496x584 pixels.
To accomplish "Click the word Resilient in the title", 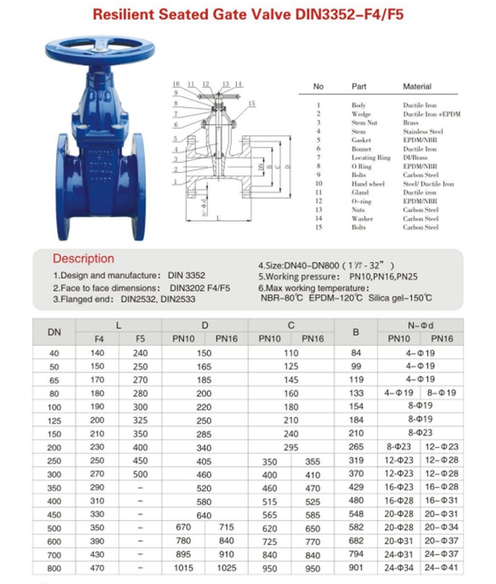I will click(x=122, y=15).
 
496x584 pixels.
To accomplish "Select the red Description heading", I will click(x=84, y=258).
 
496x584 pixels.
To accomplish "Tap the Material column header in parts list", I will click(x=417, y=86).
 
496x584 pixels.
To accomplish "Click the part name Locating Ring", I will click(x=371, y=158).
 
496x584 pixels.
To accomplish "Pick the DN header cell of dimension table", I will click(x=54, y=332).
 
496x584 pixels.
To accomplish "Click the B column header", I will click(x=356, y=332).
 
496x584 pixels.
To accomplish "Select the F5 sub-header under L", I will click(x=141, y=339).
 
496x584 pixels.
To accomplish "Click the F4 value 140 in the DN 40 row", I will click(x=97, y=353).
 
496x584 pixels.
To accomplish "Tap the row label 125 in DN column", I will click(x=54, y=420).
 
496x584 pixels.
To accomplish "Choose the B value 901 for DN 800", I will click(x=356, y=567).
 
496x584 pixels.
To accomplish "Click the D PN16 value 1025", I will click(x=226, y=567).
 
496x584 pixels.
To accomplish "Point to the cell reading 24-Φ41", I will click(x=442, y=567).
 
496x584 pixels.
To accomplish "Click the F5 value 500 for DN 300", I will click(x=141, y=474).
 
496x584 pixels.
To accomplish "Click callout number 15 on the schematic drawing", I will click(x=252, y=103).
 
